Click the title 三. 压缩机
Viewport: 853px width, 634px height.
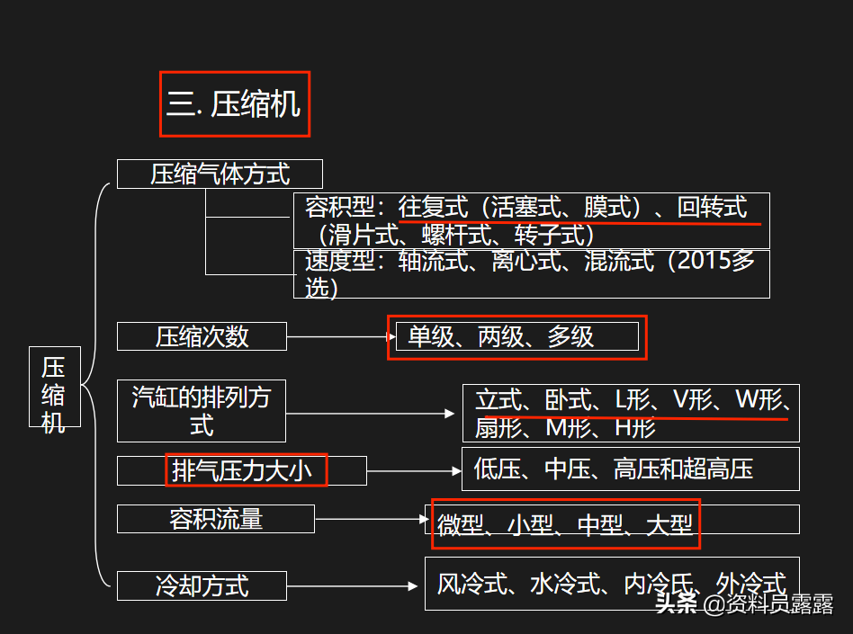[x=234, y=104]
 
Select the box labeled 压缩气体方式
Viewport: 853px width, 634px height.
[x=220, y=174]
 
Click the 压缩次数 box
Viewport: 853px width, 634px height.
[x=202, y=336]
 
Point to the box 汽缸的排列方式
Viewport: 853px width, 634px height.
[x=202, y=410]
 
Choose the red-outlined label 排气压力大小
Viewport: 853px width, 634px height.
[x=245, y=469]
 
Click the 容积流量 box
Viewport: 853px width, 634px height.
[x=216, y=519]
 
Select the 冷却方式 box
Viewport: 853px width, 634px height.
[x=202, y=586]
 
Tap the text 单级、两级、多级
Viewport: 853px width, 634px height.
[x=501, y=336]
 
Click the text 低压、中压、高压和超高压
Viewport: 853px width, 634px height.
[x=614, y=469]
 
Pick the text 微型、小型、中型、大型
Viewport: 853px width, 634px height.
[x=566, y=524]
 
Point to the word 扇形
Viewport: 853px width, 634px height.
[x=498, y=428]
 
